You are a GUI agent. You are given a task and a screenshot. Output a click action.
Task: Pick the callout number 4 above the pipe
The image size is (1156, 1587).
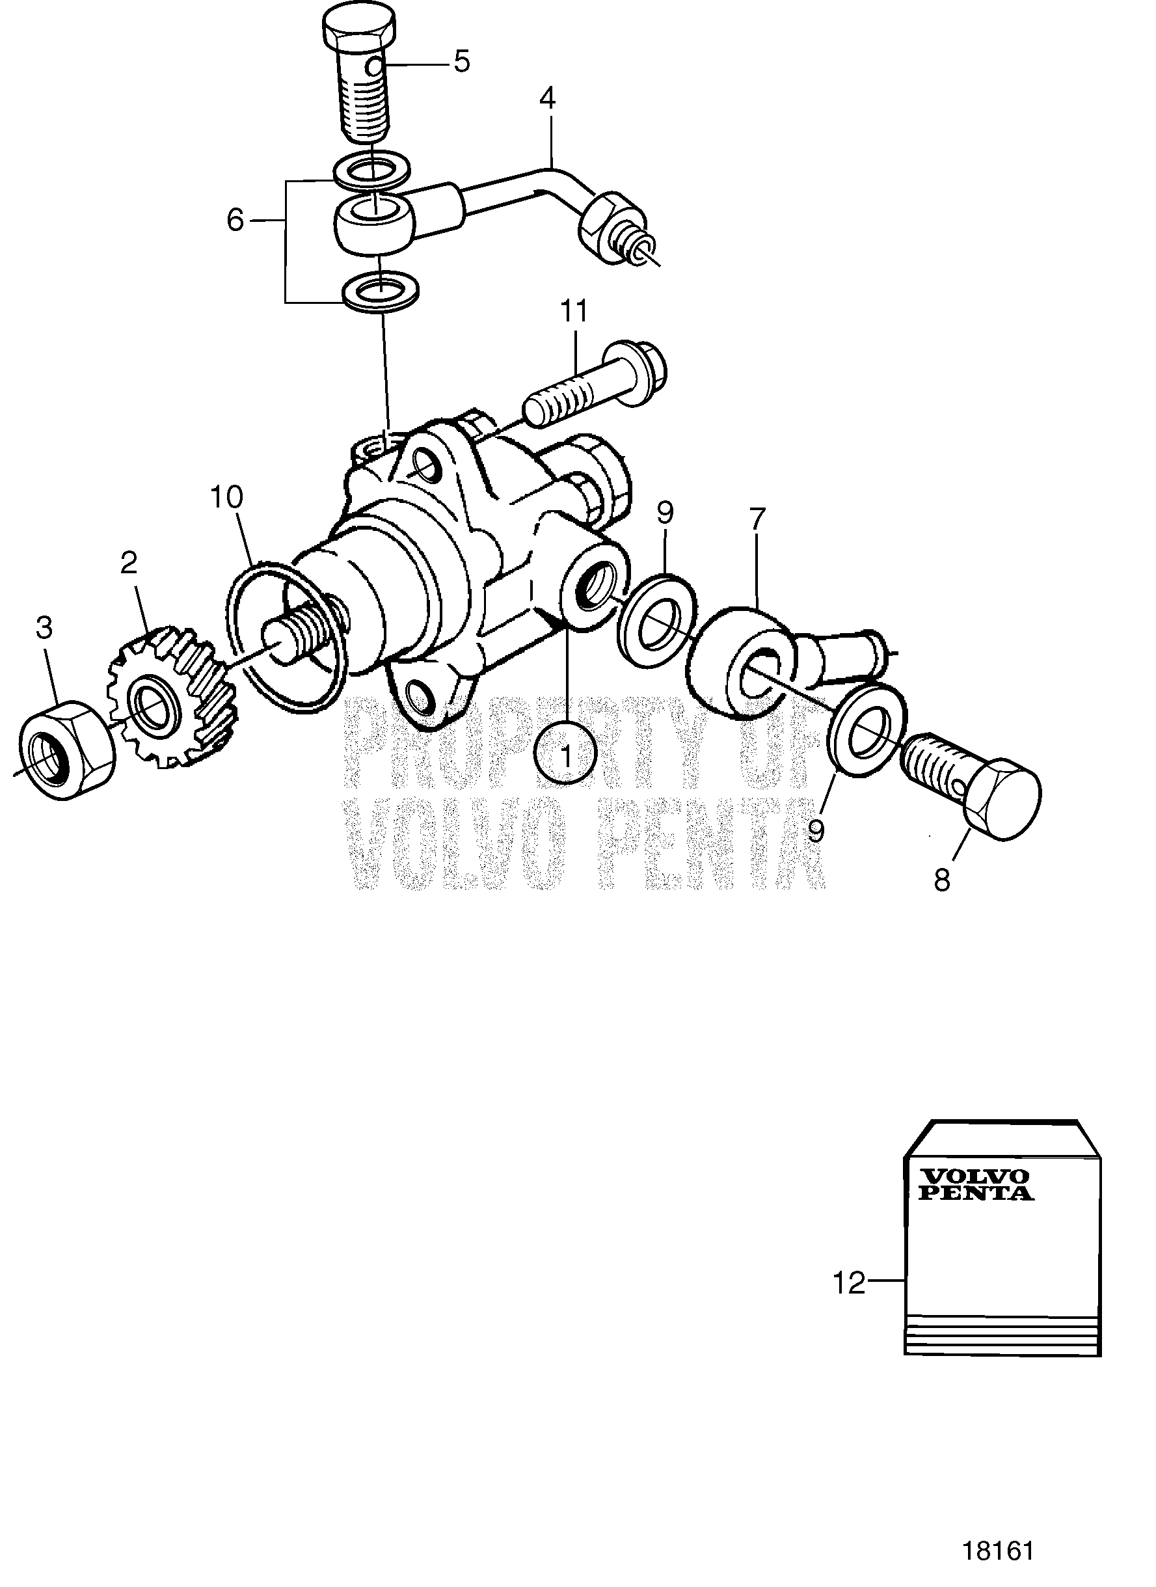point(547,100)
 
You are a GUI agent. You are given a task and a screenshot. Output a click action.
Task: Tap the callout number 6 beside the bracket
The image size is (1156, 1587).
point(235,221)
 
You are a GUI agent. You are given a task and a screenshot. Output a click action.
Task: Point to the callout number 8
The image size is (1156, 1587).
point(942,880)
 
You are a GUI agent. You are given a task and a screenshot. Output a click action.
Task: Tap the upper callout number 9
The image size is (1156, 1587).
point(665,513)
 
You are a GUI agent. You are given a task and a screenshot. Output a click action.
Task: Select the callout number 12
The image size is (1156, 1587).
point(849,1283)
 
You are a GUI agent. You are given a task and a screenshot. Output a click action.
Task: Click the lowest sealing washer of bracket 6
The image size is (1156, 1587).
point(381,289)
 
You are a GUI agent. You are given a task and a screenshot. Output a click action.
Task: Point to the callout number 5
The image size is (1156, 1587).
point(462,62)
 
